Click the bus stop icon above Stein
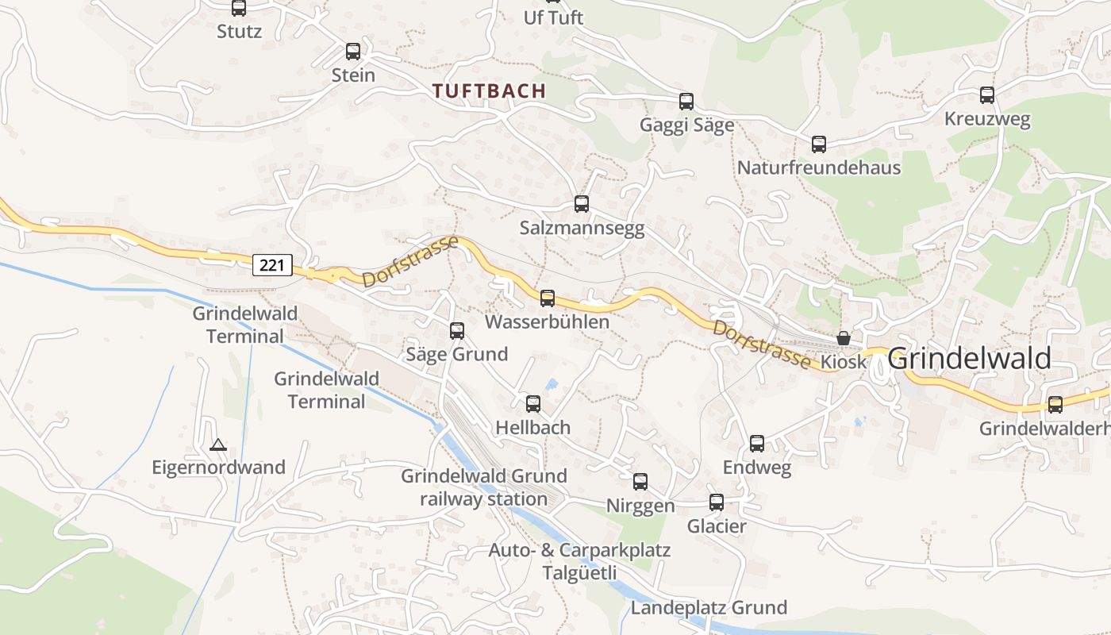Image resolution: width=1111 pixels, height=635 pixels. click(353, 52)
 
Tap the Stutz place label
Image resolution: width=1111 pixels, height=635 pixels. click(239, 32)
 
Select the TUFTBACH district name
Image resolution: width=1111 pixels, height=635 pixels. click(490, 90)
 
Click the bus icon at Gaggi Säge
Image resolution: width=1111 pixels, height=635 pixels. click(686, 102)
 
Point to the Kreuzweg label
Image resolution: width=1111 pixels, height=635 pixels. click(987, 120)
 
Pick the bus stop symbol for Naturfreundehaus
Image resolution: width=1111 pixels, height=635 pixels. click(819, 144)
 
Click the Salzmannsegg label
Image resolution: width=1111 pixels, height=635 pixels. click(582, 229)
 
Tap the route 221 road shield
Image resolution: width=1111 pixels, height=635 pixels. click(272, 264)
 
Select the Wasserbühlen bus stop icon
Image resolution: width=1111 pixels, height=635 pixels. click(548, 298)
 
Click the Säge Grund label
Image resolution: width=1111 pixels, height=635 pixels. click(456, 354)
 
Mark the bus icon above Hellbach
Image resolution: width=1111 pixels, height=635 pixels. click(533, 404)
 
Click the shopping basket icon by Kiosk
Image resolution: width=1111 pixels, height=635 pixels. click(844, 339)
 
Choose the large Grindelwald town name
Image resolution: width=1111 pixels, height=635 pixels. click(970, 359)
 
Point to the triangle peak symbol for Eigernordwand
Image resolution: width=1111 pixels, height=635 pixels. click(218, 445)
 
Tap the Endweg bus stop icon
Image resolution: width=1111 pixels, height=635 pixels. click(757, 444)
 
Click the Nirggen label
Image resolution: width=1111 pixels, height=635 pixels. click(640, 506)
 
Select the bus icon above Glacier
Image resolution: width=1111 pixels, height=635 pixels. click(717, 502)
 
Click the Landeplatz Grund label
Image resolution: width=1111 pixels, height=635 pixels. click(709, 608)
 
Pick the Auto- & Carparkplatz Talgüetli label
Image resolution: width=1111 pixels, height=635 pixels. click(579, 561)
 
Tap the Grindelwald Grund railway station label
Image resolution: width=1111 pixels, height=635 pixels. click(484, 487)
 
